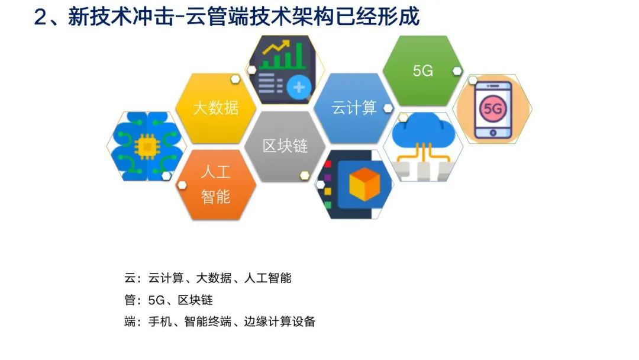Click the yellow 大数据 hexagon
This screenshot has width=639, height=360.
coord(216,108)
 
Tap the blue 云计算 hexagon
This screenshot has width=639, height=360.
coord(354,108)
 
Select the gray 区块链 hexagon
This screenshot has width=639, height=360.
coord(285,146)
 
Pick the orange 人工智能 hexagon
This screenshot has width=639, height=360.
coord(216,184)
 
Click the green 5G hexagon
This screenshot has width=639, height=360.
coord(422,70)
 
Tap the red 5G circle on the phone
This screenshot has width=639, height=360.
coord(493,108)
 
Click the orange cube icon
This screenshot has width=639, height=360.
coord(364,184)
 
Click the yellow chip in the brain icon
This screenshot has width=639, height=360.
coord(147,146)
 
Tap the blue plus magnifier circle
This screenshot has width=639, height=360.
coord(299,87)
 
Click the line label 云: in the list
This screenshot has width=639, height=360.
coord(133,278)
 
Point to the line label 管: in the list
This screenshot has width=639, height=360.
coord(133,300)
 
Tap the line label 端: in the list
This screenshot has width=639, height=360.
coord(133,322)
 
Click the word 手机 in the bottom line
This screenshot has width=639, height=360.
coord(160,322)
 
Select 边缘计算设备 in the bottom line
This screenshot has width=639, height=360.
coord(279,322)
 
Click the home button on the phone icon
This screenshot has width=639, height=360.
coord(493,133)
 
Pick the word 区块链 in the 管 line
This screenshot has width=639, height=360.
coord(195,300)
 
